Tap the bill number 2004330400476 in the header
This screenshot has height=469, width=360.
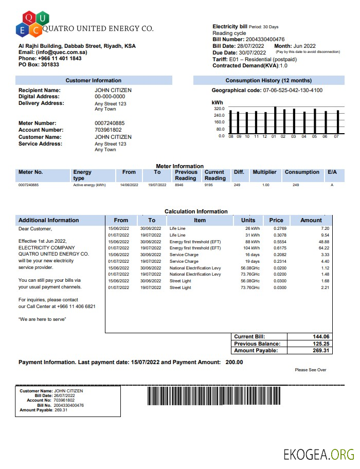coord(265,40)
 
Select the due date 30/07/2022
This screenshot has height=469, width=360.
coord(253,52)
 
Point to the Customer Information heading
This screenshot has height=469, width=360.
coord(94,80)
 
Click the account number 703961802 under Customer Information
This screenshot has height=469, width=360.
coord(110,130)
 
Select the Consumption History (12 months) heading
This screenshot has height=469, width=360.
coord(268,80)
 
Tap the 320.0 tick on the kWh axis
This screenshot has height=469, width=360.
coord(219,109)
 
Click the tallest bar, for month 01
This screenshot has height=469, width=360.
coord(276,120)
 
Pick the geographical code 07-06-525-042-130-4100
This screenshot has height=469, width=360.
coord(293,91)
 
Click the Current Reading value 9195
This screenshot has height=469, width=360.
coord(208,185)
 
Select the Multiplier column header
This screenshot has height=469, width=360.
coord(264,172)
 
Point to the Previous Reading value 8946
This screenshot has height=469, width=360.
coord(179,185)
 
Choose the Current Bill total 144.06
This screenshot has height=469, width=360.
coord(320,336)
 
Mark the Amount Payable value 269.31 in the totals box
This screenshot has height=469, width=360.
coord(320,351)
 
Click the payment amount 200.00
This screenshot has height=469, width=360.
coord(234,362)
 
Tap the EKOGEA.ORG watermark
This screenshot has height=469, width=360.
coord(319,455)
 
